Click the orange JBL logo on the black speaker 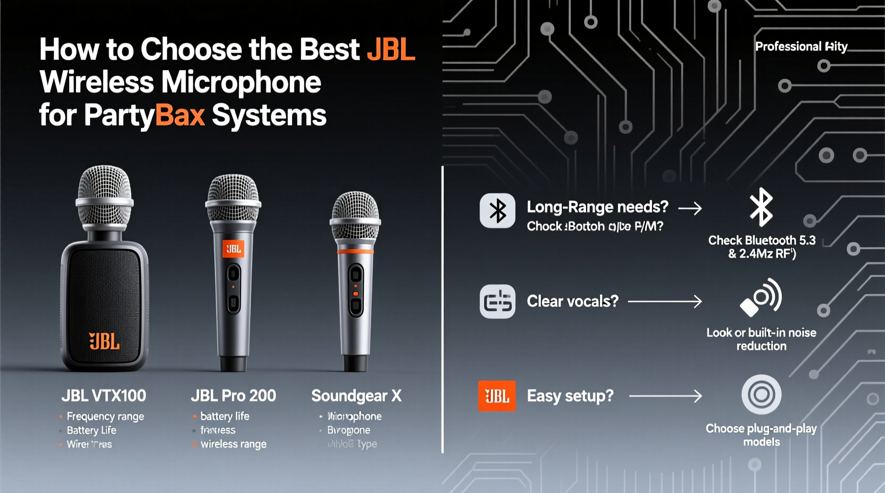[x=104, y=342]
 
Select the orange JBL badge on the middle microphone [x=233, y=249]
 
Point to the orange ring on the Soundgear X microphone [x=355, y=251]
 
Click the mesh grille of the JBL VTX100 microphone [x=104, y=191]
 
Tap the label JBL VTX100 [x=104, y=396]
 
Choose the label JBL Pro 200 [x=233, y=396]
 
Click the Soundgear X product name [x=356, y=396]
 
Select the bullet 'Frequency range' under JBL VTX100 [x=105, y=416]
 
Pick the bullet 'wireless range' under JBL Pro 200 [x=233, y=444]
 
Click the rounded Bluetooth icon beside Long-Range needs [x=497, y=211]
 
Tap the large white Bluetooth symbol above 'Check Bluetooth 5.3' [x=761, y=207]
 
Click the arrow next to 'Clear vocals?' [x=665, y=302]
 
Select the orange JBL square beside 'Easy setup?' [x=497, y=396]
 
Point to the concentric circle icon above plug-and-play [x=761, y=395]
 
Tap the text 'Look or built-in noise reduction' [x=761, y=339]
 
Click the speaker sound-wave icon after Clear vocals [x=761, y=297]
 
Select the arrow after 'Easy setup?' [x=665, y=396]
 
